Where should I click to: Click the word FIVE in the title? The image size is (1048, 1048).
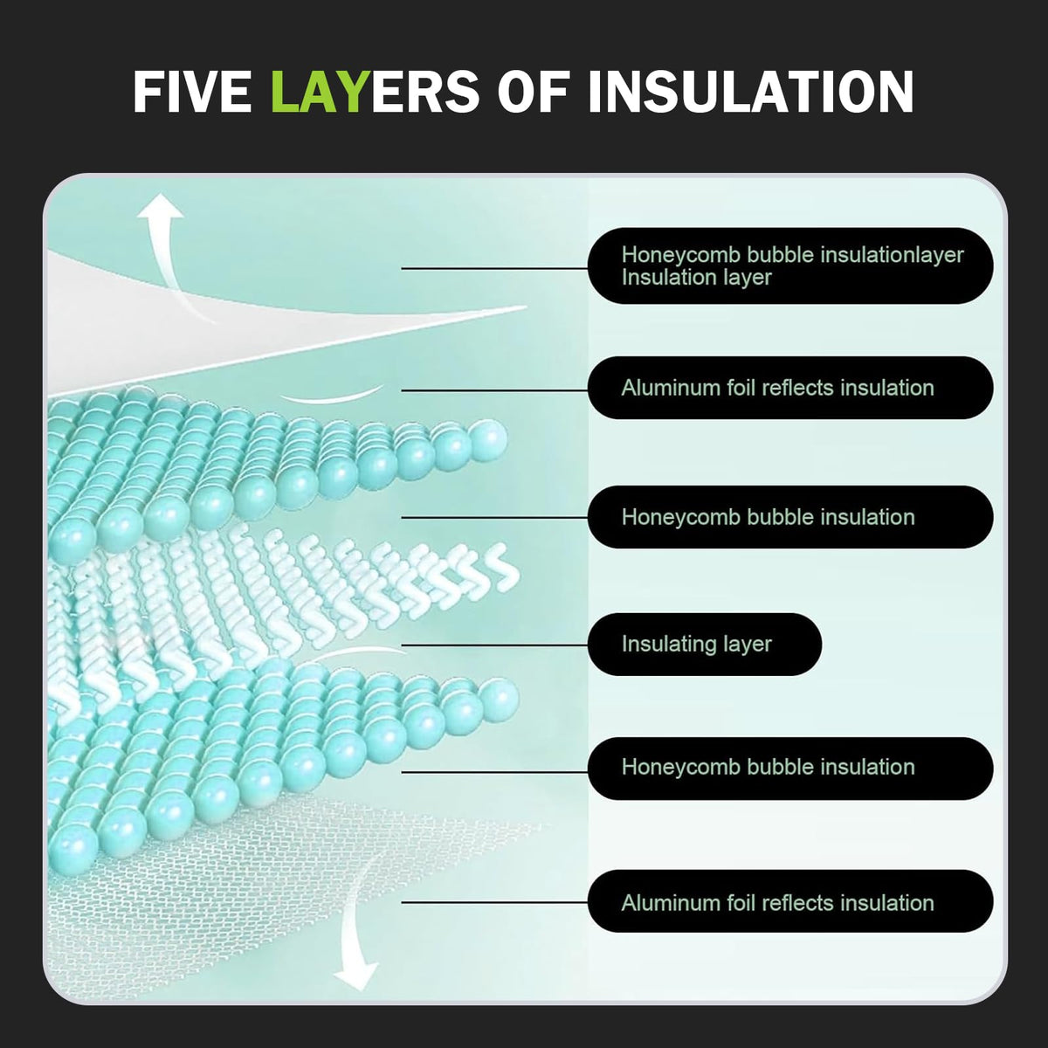(x=192, y=91)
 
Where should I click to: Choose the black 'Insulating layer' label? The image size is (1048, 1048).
(x=704, y=645)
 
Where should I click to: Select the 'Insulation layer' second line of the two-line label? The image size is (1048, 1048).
(x=697, y=278)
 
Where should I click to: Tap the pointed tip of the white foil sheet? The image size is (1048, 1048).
(x=526, y=307)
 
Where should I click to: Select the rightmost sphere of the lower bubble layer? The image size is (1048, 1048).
(x=499, y=700)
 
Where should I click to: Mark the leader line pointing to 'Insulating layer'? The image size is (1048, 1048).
(x=494, y=645)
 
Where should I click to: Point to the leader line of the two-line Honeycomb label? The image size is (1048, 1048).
(x=494, y=268)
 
